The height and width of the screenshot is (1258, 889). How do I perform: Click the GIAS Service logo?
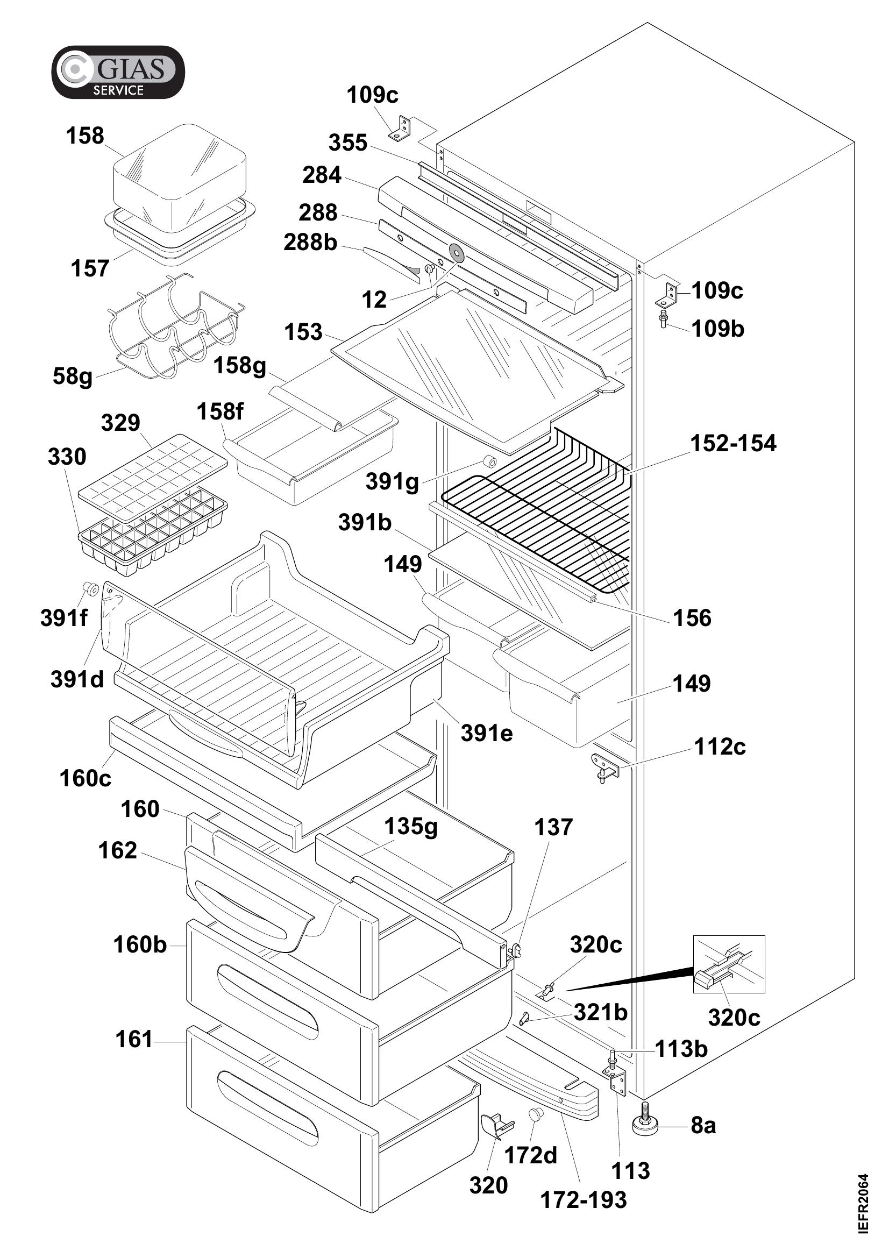118,72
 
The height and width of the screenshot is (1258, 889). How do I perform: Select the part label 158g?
239,365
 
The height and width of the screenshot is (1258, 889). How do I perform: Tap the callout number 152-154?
733,443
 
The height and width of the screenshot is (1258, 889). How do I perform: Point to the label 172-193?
584,1200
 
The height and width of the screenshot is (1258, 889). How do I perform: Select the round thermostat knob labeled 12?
456,253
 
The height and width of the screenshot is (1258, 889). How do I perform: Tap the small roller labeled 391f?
90,589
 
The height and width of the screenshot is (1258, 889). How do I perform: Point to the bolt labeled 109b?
663,318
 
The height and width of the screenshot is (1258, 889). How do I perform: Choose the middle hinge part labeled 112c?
604,767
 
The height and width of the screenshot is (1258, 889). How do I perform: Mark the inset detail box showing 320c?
729,964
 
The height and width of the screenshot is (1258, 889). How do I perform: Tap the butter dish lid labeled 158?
180,174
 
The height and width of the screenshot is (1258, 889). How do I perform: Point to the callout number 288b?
310,242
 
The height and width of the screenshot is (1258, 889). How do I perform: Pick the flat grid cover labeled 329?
153,477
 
